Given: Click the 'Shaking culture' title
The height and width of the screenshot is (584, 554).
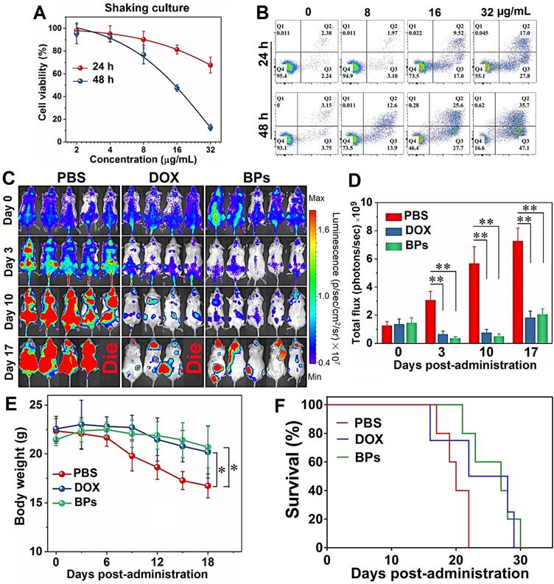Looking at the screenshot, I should (130, 8).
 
